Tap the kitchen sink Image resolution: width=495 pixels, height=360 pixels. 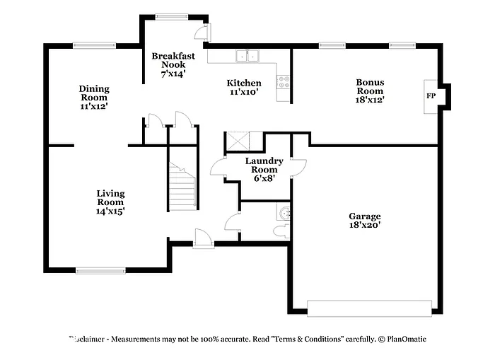[248, 56]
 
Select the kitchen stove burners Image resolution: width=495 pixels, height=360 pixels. [284, 83]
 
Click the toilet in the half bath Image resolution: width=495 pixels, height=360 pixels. [280, 231]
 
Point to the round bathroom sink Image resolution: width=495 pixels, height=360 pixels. [284, 212]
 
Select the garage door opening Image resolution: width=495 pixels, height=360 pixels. [369, 308]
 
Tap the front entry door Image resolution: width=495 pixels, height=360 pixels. [203, 240]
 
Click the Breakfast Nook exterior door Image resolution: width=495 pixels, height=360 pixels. [203, 33]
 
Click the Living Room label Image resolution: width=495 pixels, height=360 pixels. [110, 197]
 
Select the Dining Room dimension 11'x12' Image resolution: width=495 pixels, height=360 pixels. [93, 106]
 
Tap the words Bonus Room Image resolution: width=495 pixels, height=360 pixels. [369, 86]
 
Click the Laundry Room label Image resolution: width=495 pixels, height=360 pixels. [264, 165]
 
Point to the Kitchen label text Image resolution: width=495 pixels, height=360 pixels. [244, 83]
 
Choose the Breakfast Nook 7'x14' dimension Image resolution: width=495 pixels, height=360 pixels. [173, 74]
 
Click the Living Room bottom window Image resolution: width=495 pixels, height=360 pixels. [100, 269]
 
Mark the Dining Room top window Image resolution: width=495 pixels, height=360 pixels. [94, 46]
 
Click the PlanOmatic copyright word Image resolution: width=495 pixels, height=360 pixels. [405, 339]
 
